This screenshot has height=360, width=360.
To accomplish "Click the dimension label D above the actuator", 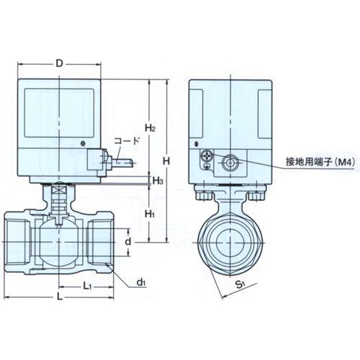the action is pos(59,64).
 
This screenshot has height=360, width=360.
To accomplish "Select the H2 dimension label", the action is pos(150,127).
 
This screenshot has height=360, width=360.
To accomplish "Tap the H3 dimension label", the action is pos(158,181).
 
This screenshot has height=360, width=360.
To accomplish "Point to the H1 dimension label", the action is pos(150,214).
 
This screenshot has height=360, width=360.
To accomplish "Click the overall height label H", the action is pos(166,161).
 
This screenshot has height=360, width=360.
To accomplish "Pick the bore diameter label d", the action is pos(128,241).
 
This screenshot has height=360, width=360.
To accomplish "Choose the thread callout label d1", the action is pos(141,282).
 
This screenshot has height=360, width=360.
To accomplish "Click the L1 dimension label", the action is pos(87,286).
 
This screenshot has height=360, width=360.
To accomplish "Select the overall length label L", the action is pos(59,297).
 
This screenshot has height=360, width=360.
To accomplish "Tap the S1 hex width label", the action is pos(240,284).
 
